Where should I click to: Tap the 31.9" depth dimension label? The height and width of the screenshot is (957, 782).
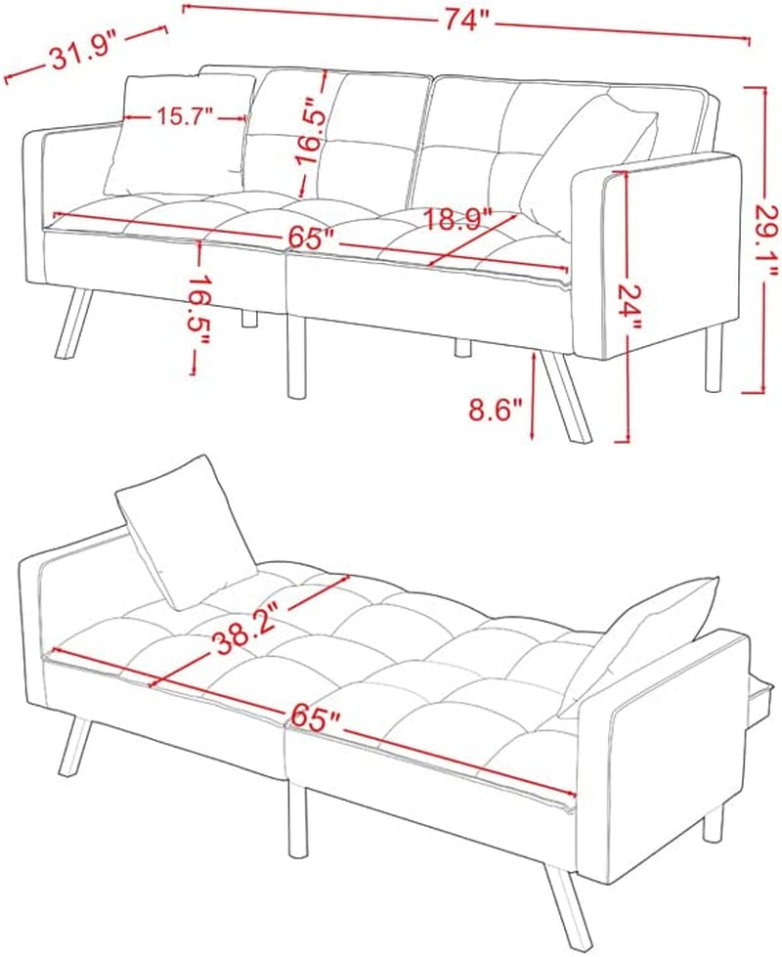[84, 57]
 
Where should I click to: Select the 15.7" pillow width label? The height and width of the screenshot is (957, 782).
[183, 116]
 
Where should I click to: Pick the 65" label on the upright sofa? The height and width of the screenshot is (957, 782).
[311, 237]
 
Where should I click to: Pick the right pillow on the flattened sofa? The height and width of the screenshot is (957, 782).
[639, 635]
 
